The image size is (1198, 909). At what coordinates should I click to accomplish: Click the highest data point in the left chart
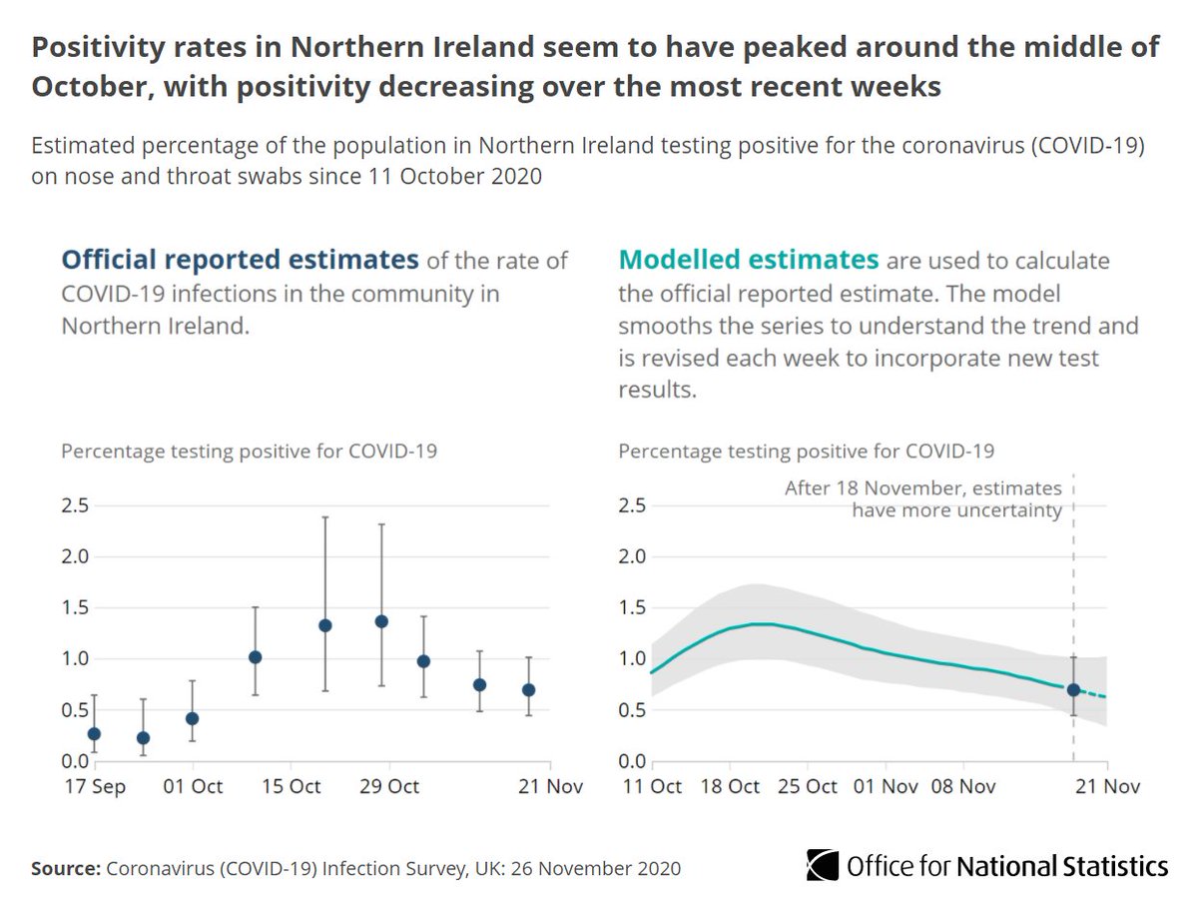[x=380, y=621]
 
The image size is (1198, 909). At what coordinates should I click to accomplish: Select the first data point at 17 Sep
[x=94, y=733]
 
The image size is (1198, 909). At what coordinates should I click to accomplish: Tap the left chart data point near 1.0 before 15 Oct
[x=255, y=657]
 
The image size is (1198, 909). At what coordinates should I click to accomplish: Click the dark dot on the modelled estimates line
[x=1073, y=689]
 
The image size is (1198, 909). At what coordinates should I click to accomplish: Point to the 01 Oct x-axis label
[x=193, y=786]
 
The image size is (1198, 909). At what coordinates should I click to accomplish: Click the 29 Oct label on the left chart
[x=388, y=786]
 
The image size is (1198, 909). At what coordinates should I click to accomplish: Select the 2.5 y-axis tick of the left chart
[x=76, y=506]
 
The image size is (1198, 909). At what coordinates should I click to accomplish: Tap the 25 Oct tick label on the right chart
[x=807, y=786]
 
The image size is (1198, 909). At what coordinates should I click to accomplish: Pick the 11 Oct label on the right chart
[x=651, y=786]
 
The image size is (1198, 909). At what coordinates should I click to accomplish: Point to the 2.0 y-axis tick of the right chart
[x=632, y=556]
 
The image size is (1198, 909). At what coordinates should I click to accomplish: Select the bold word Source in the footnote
[x=63, y=868]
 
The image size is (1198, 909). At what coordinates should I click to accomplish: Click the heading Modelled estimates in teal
[x=749, y=261]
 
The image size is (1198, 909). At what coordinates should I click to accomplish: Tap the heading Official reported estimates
[x=240, y=261]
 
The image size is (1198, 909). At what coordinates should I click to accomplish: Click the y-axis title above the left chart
[x=250, y=451]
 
